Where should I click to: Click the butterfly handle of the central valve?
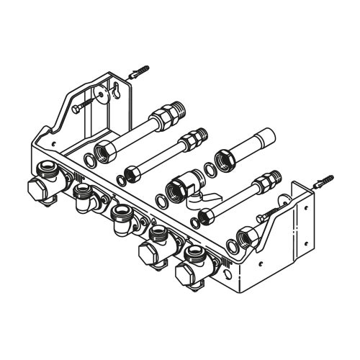[211, 202]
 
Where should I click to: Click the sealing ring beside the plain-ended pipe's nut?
[209, 170]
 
